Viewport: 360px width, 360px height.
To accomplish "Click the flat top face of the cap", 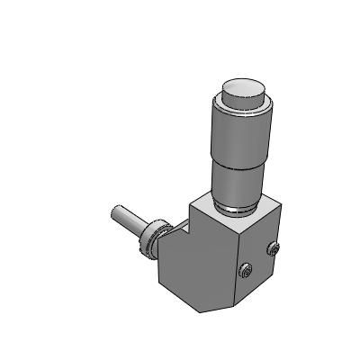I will [244, 86].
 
